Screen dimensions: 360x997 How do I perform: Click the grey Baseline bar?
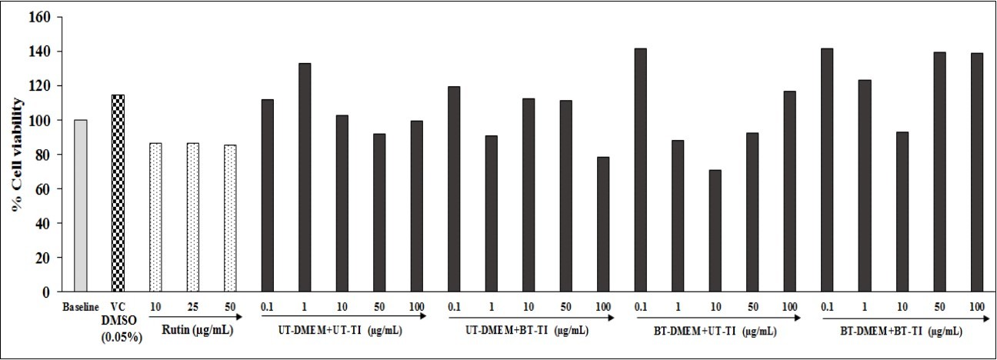[x=81, y=206]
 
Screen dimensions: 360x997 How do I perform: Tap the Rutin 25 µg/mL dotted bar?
[x=192, y=218]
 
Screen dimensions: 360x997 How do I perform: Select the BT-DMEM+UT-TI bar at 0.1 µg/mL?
[x=640, y=170]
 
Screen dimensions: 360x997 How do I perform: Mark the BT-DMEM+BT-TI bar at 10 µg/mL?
[x=902, y=212]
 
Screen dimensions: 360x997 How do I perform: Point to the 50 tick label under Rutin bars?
[x=229, y=307]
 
